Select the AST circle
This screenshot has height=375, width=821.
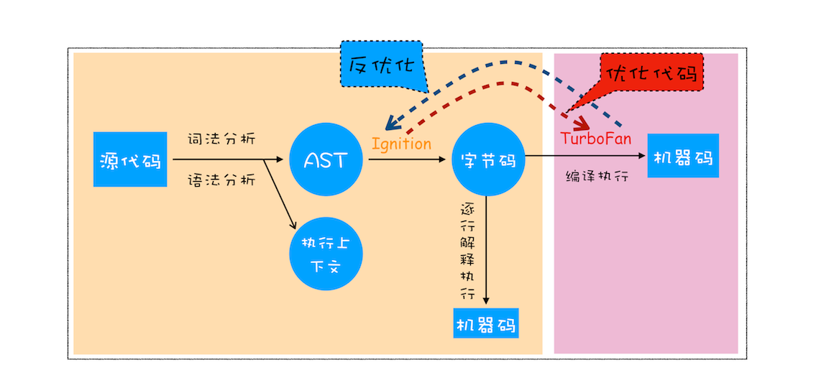coord(326,159)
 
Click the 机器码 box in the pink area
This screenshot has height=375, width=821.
coord(683,155)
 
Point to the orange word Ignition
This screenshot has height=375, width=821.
coord(401,143)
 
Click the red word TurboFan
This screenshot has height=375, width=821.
coord(595,139)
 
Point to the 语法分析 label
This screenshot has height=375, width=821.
coord(221,180)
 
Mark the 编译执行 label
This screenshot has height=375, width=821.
coord(597,175)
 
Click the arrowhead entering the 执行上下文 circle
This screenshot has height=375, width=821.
coord(293,226)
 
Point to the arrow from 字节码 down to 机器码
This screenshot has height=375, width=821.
coord(487,251)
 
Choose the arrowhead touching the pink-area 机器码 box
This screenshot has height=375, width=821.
coord(643,155)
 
